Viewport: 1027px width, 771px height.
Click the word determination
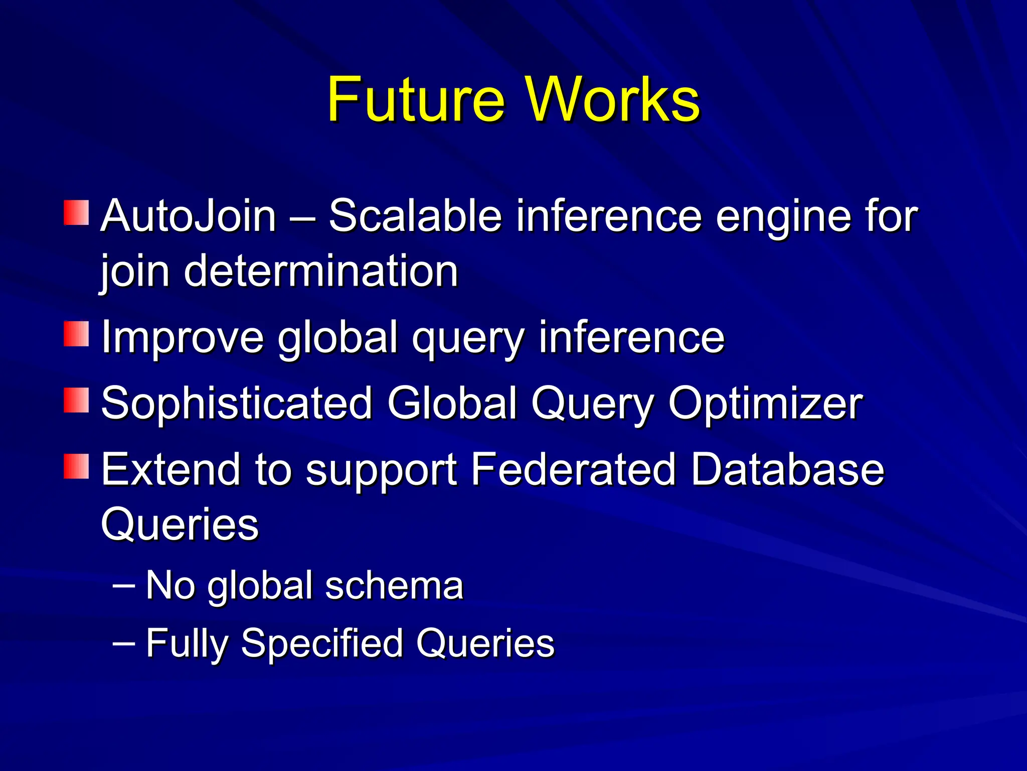coord(321,271)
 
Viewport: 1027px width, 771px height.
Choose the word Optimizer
coord(765,405)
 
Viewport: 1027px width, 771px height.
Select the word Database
coord(787,469)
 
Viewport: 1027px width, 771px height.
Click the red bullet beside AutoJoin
coord(76,213)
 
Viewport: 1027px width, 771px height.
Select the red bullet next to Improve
coord(76,334)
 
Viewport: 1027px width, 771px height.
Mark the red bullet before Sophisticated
coord(76,400)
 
